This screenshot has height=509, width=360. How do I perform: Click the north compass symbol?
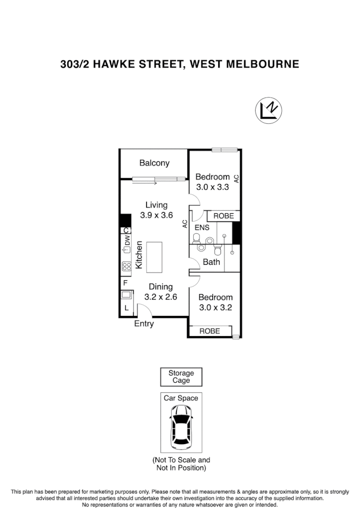point(268,110)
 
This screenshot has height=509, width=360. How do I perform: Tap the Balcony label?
point(154,163)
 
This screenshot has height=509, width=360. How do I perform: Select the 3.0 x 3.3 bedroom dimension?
point(212,187)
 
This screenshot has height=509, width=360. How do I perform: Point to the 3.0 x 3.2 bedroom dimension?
point(215,308)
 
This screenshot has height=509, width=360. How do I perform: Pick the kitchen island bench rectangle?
point(154,257)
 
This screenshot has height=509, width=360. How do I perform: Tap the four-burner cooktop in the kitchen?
point(127,266)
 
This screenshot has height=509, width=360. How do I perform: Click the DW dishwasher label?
point(127,240)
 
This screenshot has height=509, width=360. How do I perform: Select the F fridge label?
point(125,283)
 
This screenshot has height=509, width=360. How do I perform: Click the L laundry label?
point(126,308)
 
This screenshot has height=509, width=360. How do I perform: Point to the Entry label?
point(144,324)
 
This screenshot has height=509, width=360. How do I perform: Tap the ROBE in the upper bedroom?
point(223,216)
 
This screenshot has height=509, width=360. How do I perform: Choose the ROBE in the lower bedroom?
point(210,331)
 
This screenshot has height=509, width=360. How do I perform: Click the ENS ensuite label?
point(201,227)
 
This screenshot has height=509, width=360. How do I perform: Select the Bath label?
point(211,262)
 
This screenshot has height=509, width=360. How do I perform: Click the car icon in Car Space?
point(181,427)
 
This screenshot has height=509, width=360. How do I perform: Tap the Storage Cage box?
point(181,377)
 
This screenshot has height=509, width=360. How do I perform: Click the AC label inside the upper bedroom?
point(236,178)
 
